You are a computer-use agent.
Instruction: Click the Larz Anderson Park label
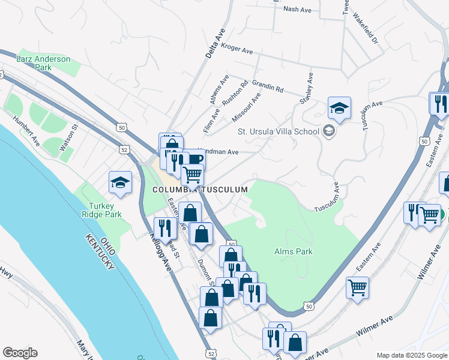[52, 63]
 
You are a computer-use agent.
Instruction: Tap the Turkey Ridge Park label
[101, 210]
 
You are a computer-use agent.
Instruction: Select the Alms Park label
[293, 252]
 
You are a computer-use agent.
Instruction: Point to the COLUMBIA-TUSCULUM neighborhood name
[199, 190]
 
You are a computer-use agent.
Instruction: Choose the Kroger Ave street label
[237, 48]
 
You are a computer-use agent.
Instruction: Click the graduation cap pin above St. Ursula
[339, 109]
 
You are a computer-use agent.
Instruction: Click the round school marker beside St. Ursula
[328, 130]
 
